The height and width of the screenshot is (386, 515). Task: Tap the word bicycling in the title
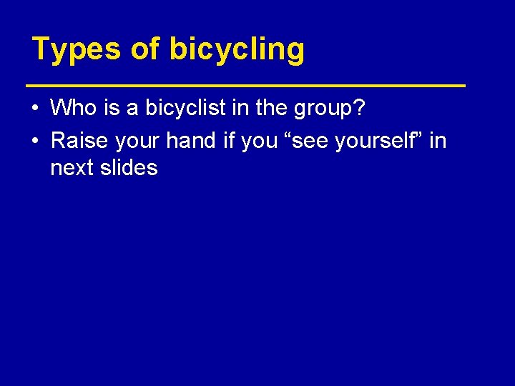237,50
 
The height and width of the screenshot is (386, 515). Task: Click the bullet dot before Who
36,109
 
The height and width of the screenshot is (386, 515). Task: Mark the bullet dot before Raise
36,141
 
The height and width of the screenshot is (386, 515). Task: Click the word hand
191,140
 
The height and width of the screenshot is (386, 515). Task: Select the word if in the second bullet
229,140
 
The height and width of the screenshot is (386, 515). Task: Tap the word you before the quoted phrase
259,141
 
